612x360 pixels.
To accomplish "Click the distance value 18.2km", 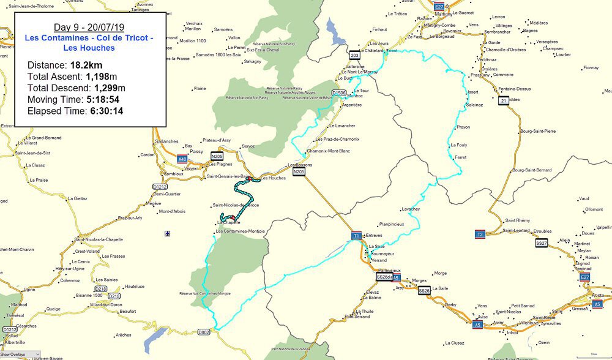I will point(86,65).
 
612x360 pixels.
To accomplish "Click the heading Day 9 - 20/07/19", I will point(89,28).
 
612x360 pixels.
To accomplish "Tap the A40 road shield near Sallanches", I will point(182,159).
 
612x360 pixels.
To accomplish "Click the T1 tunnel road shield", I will point(356,235).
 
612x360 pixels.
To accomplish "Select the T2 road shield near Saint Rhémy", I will point(480,234).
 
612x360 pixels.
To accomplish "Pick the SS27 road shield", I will point(540,243).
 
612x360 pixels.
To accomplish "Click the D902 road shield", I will point(204,332).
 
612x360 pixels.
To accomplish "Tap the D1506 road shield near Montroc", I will point(338,92).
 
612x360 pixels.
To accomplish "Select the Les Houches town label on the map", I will point(273,178).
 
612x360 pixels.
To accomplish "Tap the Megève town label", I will point(154,203).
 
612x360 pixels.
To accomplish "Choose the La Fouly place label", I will point(458,145).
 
